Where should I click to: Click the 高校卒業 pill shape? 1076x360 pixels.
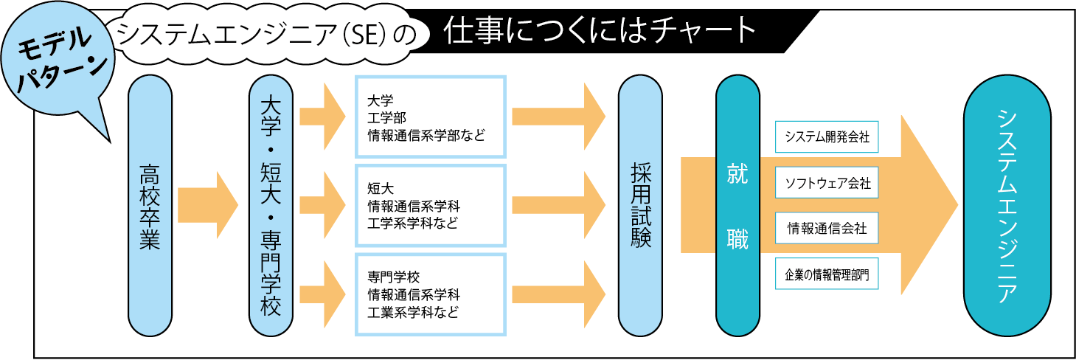click(x=150, y=206)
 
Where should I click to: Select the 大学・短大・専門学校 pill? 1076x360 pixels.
click(x=271, y=206)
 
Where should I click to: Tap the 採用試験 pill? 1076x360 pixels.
click(x=640, y=206)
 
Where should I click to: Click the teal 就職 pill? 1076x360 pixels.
click(x=737, y=206)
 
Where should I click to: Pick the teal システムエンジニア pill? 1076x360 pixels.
click(x=1007, y=206)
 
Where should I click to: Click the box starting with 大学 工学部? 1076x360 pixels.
click(x=431, y=117)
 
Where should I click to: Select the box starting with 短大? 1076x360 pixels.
click(x=431, y=206)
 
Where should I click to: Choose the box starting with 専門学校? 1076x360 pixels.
click(x=431, y=294)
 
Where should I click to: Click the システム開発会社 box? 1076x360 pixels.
click(x=827, y=137)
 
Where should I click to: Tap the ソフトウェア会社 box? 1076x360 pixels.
click(x=827, y=183)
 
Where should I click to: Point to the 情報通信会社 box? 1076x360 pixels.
click(x=827, y=228)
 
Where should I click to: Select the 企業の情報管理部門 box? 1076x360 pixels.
click(x=827, y=274)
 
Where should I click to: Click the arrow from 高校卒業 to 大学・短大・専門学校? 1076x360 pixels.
click(x=208, y=205)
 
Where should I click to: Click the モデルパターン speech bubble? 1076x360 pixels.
click(x=58, y=60)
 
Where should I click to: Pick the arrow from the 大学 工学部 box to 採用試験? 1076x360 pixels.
click(x=559, y=117)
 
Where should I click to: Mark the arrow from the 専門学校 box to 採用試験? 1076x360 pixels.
click(x=559, y=294)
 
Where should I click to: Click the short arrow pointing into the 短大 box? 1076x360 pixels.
click(x=323, y=205)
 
